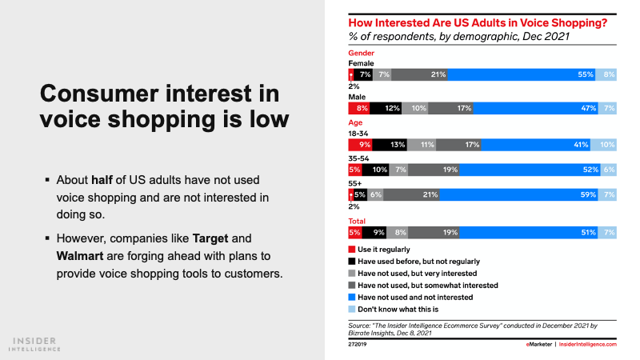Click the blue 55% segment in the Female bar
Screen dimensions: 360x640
point(520,74)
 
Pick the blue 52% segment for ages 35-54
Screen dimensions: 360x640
point(528,170)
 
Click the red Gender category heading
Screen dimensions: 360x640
point(361,53)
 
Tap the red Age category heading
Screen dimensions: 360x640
point(355,123)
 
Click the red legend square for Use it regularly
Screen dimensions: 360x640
point(351,250)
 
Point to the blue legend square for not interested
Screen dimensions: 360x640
point(351,296)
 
